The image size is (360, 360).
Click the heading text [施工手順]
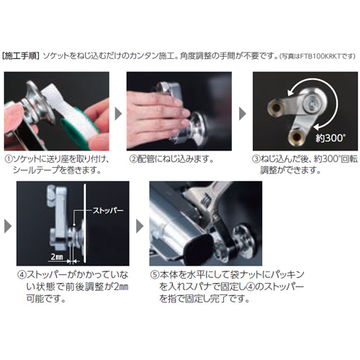pyautogui.click(x=21, y=56)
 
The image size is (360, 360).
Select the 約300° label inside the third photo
pyautogui.click(x=330, y=138)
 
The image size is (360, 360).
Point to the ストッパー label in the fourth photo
pyautogui.click(x=108, y=210)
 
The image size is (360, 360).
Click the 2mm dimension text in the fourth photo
pyautogui.click(x=57, y=257)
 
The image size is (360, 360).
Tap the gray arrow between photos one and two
pyautogui.click(x=118, y=114)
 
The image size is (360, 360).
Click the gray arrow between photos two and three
pyautogui.click(x=243, y=114)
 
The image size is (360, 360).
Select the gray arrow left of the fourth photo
pyautogui.click(x=8, y=226)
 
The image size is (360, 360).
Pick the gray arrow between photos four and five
pyautogui.click(x=140, y=226)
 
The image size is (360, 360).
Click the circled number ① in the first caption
pyautogui.click(x=9, y=159)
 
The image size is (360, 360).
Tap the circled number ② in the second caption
pyautogui.click(x=133, y=159)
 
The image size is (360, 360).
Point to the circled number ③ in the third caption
pyautogui.click(x=256, y=159)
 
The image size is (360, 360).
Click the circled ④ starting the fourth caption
pyautogui.click(x=22, y=275)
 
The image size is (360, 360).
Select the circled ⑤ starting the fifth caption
pyautogui.click(x=155, y=275)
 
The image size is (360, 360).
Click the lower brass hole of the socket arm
pyautogui.click(x=297, y=137)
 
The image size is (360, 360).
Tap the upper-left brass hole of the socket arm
pyautogui.click(x=276, y=108)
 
